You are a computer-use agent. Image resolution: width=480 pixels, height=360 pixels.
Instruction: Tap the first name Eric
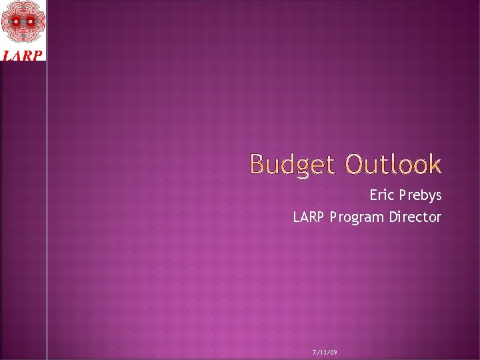coord(382,195)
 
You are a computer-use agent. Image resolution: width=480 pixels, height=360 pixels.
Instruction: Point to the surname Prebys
coord(420,196)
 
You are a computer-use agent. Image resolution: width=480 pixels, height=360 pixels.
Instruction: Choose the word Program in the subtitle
coord(357,217)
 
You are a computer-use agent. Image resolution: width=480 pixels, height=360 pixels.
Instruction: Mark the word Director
coord(415,217)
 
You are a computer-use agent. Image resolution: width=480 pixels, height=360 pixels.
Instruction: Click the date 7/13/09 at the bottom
coord(325,351)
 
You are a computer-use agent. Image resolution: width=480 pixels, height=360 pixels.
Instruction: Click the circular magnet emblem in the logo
coord(23,23)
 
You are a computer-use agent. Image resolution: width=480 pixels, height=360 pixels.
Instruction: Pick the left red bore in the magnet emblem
coord(15,23)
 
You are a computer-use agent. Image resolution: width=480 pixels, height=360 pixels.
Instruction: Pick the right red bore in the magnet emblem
coord(30,23)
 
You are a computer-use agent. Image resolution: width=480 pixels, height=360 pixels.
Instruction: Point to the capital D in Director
coord(394,217)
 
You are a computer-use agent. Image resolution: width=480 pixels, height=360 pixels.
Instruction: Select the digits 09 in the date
coord(333,351)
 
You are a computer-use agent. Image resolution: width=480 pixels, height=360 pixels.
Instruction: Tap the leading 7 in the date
coord(314,351)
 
